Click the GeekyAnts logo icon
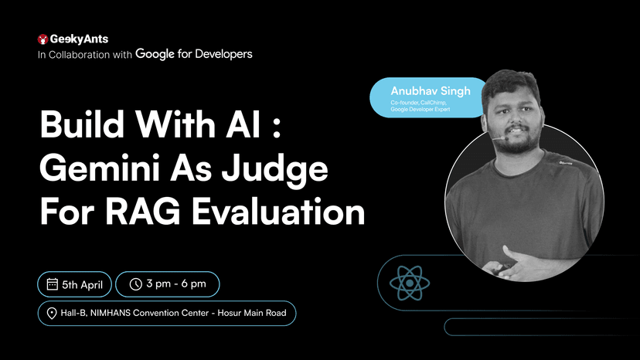[43, 39]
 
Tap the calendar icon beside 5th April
[53, 284]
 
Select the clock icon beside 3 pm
[135, 284]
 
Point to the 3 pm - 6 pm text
[178, 284]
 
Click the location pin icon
[53, 313]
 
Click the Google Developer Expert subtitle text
[421, 110]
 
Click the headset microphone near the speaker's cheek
[493, 140]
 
